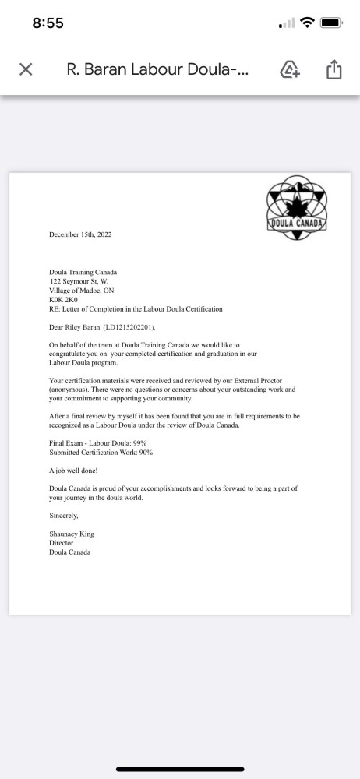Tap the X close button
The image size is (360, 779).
pos(25,69)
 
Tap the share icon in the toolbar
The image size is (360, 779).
pos(334,69)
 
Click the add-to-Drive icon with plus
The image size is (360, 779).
pos(289,69)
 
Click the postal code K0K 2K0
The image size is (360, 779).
pos(65,299)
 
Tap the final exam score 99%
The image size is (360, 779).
pos(137,442)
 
